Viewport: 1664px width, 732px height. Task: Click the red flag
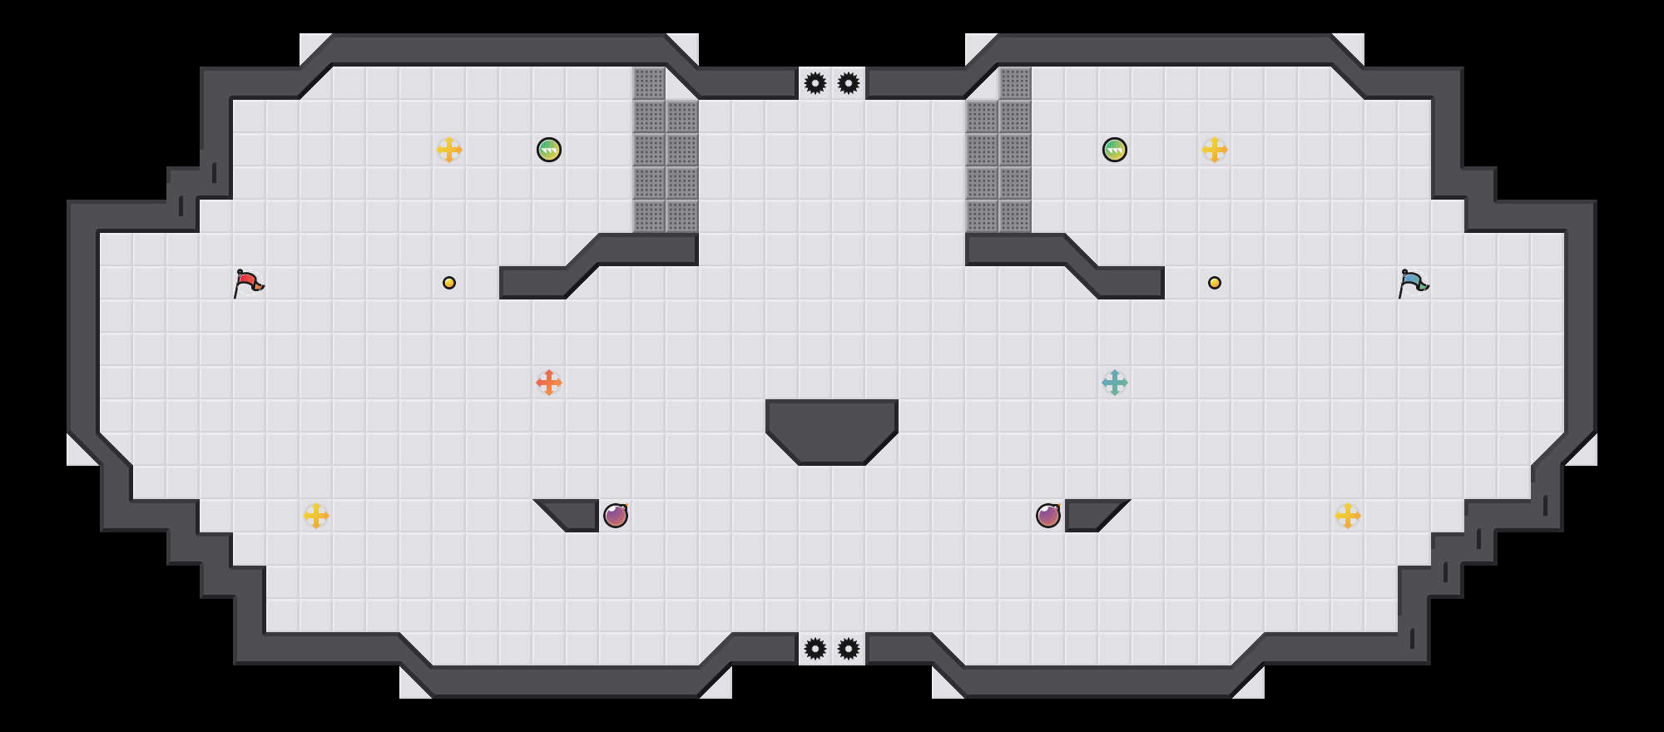(248, 283)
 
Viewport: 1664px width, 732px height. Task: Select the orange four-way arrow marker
(549, 383)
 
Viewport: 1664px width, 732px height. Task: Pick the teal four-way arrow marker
(1115, 383)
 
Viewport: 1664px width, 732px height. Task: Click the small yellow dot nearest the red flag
(449, 283)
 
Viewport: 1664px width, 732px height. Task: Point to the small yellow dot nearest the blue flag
(1215, 283)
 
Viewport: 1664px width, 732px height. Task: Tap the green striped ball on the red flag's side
(549, 150)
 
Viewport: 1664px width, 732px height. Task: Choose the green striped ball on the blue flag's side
(1115, 150)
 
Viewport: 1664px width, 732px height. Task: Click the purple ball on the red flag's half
(616, 516)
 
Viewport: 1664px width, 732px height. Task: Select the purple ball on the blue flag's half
(1048, 516)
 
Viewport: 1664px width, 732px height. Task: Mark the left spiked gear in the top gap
(815, 83)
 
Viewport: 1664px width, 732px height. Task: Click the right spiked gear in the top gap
(849, 83)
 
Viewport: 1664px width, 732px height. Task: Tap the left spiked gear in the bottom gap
(815, 649)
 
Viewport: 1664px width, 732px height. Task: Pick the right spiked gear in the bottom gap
(849, 649)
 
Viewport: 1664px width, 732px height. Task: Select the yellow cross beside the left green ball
(449, 150)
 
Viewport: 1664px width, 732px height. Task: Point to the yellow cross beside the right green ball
(1215, 150)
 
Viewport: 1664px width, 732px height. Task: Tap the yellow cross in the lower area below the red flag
(316, 516)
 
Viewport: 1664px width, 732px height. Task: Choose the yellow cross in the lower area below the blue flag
(1348, 516)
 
